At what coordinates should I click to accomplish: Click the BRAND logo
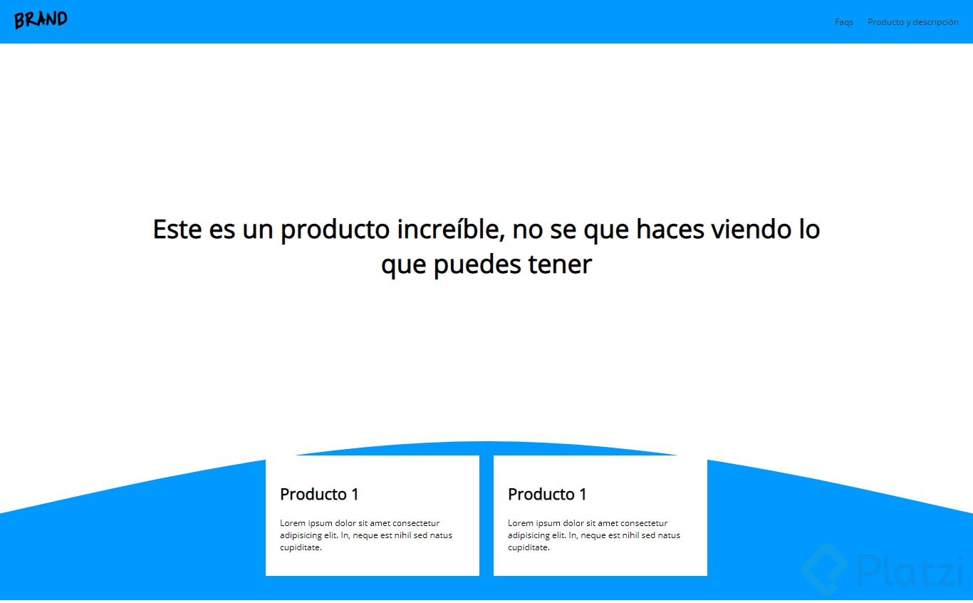[x=41, y=20]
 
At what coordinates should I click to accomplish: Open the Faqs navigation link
[x=843, y=22]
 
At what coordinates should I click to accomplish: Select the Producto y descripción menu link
[x=912, y=22]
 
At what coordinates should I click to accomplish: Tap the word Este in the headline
[x=177, y=229]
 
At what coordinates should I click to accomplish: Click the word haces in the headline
[x=670, y=229]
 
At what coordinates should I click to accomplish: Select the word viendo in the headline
[x=751, y=229]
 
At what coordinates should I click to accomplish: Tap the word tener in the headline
[x=559, y=264]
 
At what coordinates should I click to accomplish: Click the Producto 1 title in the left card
[x=319, y=494]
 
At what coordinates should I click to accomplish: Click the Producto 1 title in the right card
[x=547, y=494]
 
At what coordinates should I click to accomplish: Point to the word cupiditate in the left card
[x=301, y=548]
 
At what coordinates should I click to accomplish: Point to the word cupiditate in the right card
[x=529, y=548]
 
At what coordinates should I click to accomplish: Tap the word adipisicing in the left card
[x=301, y=535]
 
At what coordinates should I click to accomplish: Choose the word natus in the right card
[x=669, y=535]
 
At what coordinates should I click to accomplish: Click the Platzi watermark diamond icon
[x=824, y=569]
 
